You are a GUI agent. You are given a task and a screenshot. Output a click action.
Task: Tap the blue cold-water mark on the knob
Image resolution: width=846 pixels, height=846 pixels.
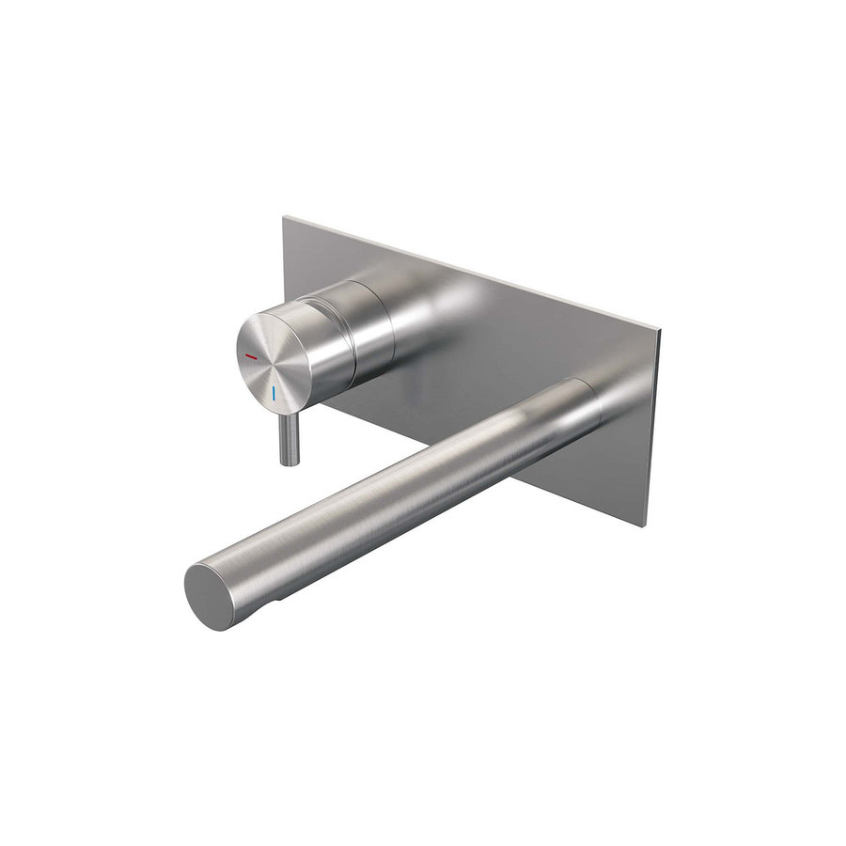click(x=274, y=393)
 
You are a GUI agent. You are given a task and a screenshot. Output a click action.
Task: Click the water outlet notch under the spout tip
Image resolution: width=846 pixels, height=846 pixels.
click(x=274, y=599)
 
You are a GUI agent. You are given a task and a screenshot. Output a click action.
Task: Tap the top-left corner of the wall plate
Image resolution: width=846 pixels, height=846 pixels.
click(x=284, y=217)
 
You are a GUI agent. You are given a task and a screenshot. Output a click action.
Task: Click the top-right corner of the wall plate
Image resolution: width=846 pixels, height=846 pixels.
click(x=660, y=332)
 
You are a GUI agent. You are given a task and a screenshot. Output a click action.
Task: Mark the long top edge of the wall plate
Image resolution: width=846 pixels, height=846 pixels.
click(x=470, y=274)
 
